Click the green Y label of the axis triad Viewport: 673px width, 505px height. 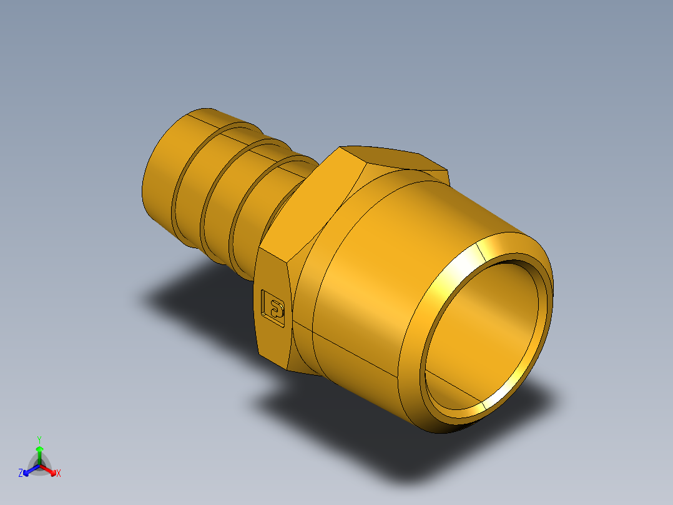[39, 439]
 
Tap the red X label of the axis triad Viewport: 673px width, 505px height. [59, 474]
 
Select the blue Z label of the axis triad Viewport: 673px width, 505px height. [21, 474]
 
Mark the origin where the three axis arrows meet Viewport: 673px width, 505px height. [39, 465]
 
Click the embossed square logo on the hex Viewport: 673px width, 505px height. [273, 307]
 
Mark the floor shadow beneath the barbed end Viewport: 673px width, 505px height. [187, 294]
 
